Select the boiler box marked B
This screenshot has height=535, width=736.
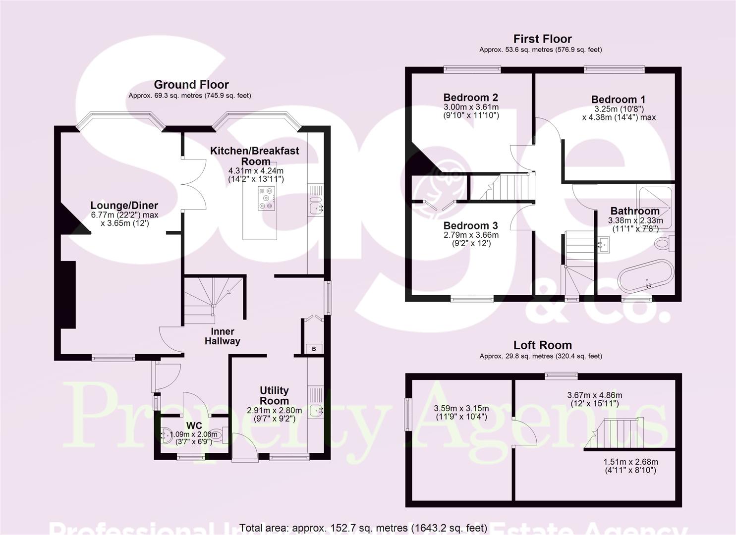(314, 349)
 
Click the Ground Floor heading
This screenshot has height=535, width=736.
(191, 85)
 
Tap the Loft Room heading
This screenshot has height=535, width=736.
(542, 345)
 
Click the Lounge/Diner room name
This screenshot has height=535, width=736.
(124, 205)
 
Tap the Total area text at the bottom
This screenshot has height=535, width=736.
(363, 528)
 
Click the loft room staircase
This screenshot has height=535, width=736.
(615, 434)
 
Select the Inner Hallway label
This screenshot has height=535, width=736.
(223, 336)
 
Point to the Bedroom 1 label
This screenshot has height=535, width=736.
(618, 100)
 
